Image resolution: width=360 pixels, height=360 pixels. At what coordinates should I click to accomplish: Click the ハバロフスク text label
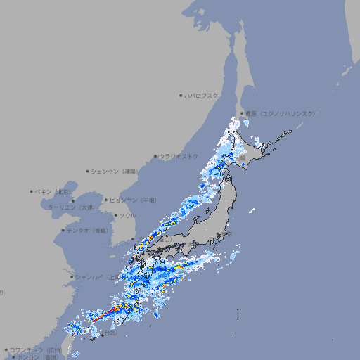coord(202,96)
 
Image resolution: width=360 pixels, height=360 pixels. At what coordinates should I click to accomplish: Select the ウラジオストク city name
coord(179,156)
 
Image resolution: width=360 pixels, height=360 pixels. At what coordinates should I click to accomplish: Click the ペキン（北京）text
coord(53,191)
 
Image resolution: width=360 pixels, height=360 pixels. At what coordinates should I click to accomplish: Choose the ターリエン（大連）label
coord(71,207)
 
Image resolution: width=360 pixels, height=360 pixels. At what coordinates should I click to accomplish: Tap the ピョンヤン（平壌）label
coord(133,200)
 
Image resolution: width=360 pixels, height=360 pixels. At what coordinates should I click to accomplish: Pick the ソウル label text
coord(127,215)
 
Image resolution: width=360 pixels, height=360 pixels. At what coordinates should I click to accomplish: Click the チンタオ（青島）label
coord(87,230)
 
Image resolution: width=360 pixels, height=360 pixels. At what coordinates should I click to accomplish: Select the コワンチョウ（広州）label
coord(35,349)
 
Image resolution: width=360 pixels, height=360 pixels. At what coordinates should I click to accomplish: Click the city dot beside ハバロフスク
coord(181,96)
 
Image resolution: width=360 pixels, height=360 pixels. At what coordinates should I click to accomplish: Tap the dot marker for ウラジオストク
coord(155,156)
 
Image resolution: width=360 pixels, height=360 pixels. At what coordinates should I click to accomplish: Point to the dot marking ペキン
coord(32,191)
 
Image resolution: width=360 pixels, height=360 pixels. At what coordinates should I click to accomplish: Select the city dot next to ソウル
coord(115,215)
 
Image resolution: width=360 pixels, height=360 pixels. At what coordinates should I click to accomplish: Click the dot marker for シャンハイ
coord(71,276)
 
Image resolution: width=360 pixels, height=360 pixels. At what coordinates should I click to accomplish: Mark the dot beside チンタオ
coord(63,230)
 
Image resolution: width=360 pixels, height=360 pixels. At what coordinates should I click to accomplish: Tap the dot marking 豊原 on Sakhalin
coord(241,113)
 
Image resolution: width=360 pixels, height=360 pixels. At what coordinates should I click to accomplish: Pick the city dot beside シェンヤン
coord(88,171)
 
